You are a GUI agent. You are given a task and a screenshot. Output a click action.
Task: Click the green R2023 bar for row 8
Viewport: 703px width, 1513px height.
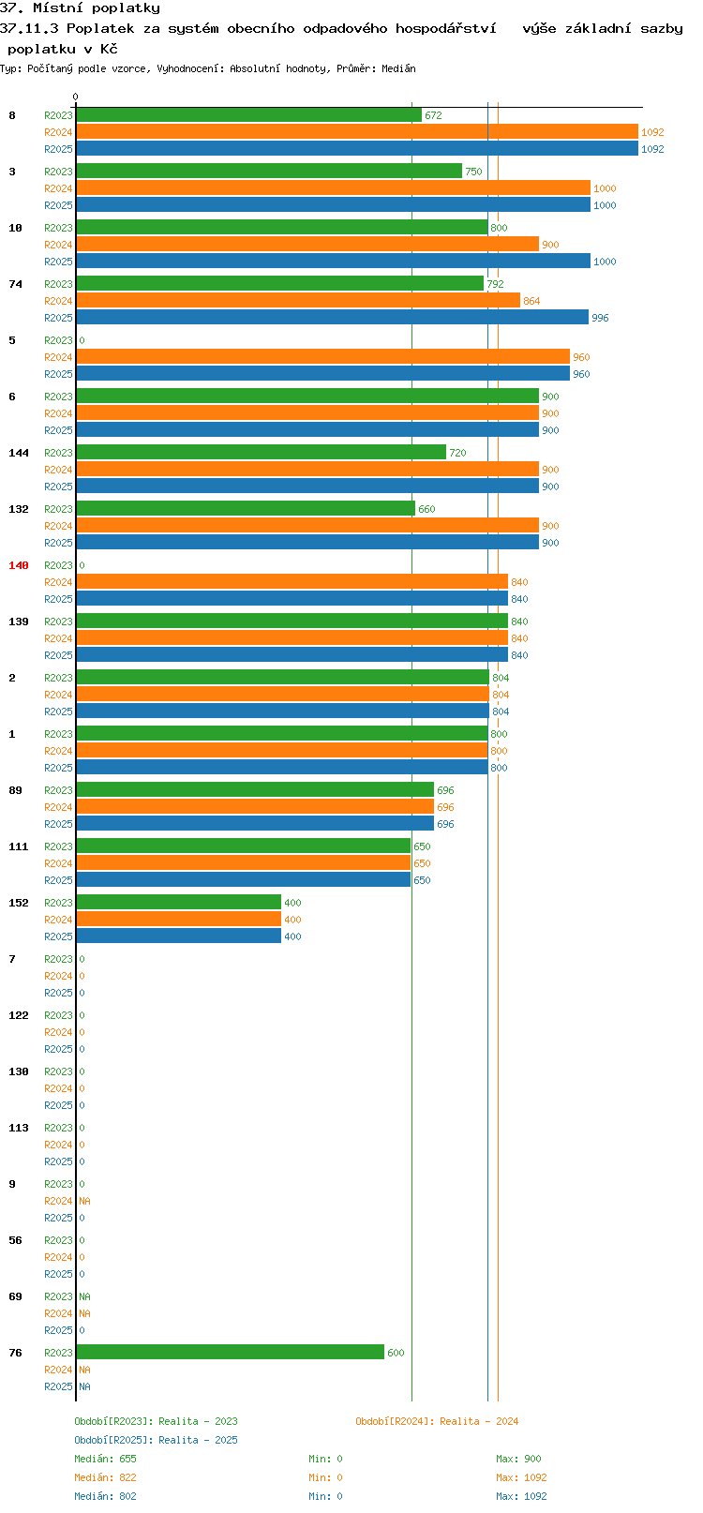(x=249, y=115)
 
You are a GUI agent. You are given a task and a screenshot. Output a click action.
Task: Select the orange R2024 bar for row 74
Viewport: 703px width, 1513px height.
(x=298, y=301)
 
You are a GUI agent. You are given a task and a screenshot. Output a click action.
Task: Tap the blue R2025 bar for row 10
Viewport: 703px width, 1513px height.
(x=334, y=262)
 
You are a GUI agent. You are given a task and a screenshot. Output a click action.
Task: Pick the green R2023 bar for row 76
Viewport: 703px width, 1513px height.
(x=231, y=1353)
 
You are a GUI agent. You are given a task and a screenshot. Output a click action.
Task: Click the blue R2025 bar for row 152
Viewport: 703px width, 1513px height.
(x=179, y=936)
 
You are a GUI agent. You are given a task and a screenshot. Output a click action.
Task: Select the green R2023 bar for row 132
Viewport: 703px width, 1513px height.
(x=246, y=509)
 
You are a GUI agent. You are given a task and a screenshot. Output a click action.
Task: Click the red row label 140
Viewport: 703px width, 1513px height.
(x=18, y=565)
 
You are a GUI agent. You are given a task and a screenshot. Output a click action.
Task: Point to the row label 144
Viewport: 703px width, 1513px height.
(x=18, y=453)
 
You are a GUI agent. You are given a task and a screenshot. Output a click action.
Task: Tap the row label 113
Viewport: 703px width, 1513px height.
(x=18, y=1128)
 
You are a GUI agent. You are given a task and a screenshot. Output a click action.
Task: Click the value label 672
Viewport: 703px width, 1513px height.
(x=434, y=115)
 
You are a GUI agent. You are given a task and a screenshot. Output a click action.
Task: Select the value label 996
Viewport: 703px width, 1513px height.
(x=600, y=318)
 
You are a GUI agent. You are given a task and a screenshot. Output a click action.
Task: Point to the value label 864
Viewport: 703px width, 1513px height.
(x=532, y=301)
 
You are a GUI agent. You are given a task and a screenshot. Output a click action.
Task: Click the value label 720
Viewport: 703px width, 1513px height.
(x=457, y=453)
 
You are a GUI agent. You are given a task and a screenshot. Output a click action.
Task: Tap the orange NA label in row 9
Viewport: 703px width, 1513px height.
(x=84, y=1201)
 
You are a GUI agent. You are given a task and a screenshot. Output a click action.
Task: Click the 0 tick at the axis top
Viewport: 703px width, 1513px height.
(x=75, y=97)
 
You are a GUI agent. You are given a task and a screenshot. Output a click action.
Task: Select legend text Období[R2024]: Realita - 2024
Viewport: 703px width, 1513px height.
(x=437, y=1421)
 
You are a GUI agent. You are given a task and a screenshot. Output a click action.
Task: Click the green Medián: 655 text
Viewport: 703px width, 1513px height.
(x=105, y=1459)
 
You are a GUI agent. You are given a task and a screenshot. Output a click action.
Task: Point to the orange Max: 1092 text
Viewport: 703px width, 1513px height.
(x=521, y=1477)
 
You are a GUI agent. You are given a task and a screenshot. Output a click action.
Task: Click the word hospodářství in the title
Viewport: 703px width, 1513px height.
(x=446, y=28)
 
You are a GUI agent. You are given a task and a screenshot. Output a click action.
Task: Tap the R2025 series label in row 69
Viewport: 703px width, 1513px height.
(x=58, y=1330)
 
